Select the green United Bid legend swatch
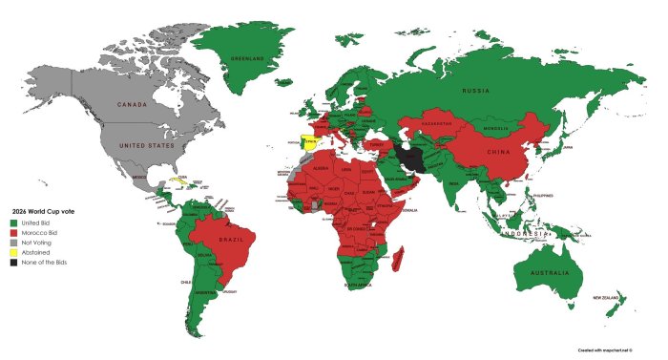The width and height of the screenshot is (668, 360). (x=14, y=222)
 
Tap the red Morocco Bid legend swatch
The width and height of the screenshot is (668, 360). (x=14, y=232)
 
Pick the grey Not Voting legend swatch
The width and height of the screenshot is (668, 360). (x=14, y=243)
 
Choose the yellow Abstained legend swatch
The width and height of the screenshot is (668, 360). (x=14, y=253)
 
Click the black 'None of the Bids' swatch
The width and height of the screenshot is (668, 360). (x=14, y=264)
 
